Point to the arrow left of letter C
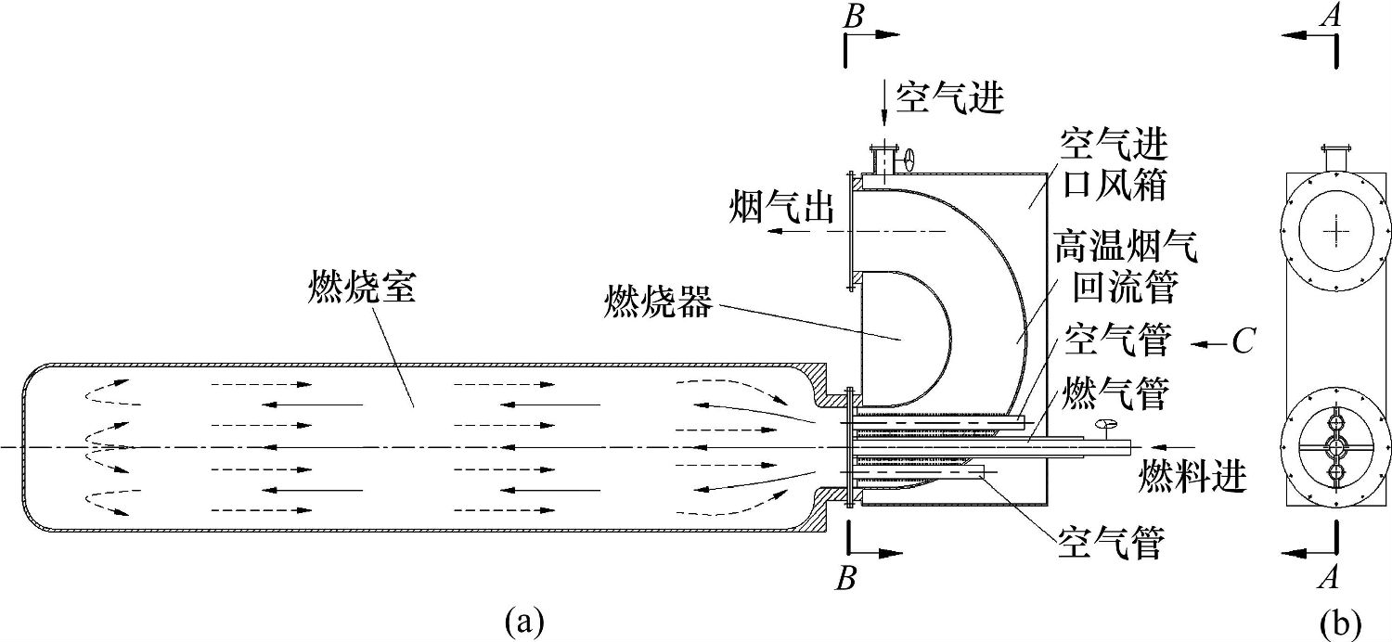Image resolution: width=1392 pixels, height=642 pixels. [x=1209, y=344]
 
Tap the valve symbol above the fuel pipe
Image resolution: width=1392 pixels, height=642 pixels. [x=1105, y=426]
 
